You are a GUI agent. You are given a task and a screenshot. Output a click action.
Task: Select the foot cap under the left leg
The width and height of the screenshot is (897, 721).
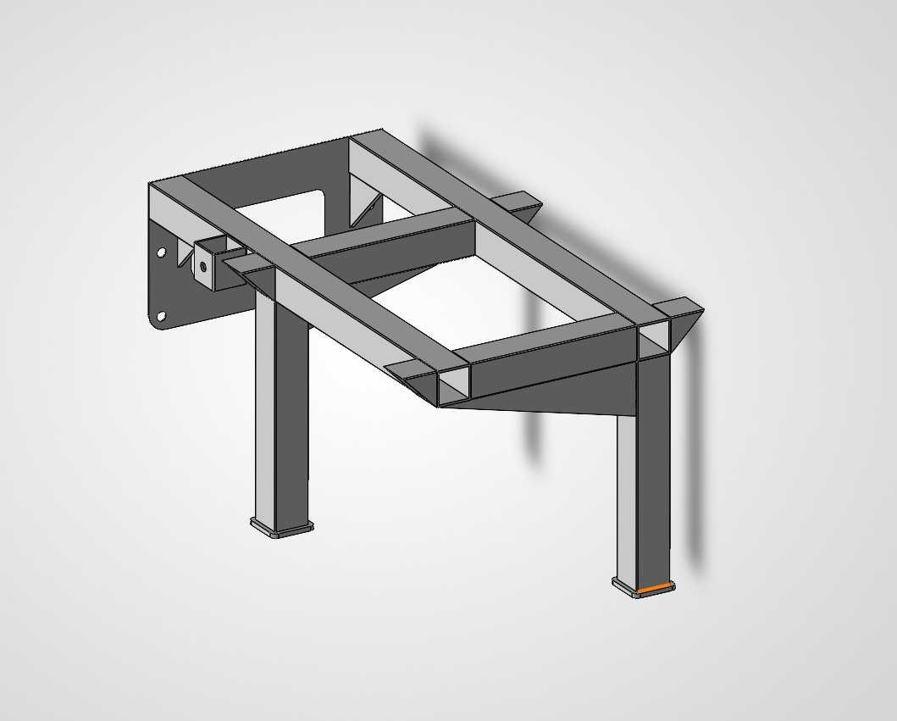[282, 529]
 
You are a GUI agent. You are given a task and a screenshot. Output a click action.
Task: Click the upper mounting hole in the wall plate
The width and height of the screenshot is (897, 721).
[161, 252]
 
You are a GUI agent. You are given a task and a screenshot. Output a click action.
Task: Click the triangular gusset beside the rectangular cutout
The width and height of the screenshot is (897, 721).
[366, 208]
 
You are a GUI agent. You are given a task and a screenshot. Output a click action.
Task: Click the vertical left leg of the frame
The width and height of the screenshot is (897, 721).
[280, 407]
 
